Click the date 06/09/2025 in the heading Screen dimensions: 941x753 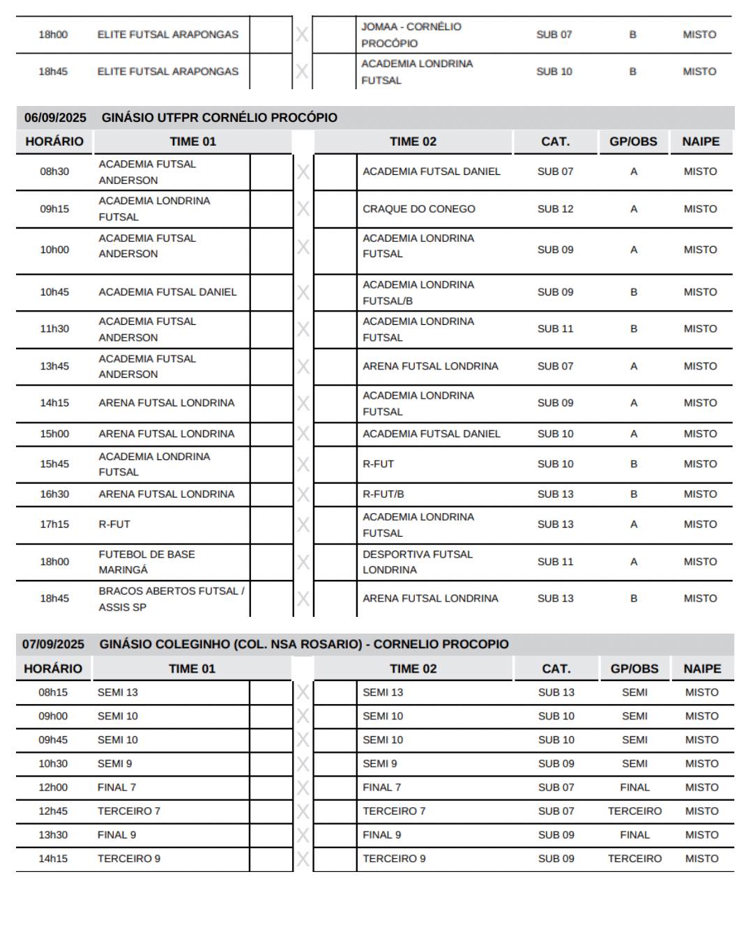pyautogui.click(x=55, y=118)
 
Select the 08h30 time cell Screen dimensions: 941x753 pyautogui.click(x=54, y=171)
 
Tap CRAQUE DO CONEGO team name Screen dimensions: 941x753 pyautogui.click(x=418, y=209)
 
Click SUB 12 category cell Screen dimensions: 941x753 pyautogui.click(x=555, y=209)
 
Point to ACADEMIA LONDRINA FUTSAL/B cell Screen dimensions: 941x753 pyautogui.click(x=418, y=293)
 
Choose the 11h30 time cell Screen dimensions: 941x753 pyautogui.click(x=54, y=329)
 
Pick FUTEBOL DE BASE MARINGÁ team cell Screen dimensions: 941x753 pyautogui.click(x=146, y=562)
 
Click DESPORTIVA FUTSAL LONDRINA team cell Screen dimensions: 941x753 pyautogui.click(x=417, y=562)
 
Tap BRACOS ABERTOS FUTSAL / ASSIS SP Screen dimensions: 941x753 pyautogui.click(x=171, y=599)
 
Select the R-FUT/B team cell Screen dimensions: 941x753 pyautogui.click(x=383, y=494)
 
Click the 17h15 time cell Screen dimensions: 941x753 pyautogui.click(x=54, y=524)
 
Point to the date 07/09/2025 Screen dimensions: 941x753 pyautogui.click(x=53, y=644)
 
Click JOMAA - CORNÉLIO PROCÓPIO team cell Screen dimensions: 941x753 pyautogui.click(x=411, y=35)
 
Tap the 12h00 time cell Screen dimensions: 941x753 pyautogui.click(x=53, y=788)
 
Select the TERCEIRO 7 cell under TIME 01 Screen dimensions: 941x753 pyautogui.click(x=129, y=811)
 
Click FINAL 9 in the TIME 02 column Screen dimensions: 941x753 pyautogui.click(x=382, y=835)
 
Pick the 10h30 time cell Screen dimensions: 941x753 pyautogui.click(x=53, y=764)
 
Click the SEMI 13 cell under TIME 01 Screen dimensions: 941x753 pyautogui.click(x=118, y=693)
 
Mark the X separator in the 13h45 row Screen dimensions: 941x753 pyautogui.click(x=303, y=367)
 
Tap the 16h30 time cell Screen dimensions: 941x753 pyautogui.click(x=54, y=494)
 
